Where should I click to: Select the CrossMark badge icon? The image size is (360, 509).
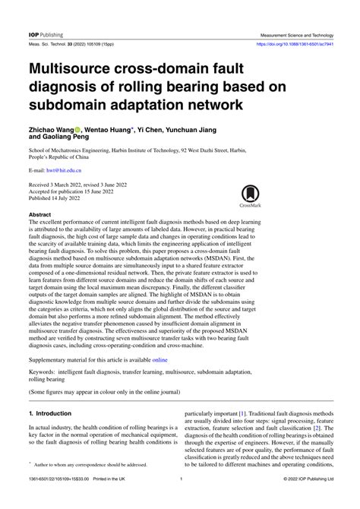pos(250,195)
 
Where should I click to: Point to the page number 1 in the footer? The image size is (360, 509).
pos(180,501)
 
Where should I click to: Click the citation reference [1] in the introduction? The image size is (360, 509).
pos(242,414)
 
